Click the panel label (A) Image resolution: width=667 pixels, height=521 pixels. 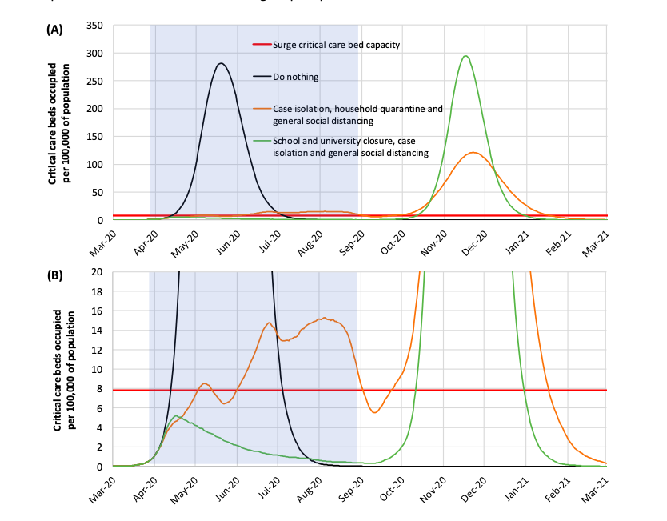point(54,30)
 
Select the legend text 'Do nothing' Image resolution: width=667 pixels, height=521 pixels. point(295,78)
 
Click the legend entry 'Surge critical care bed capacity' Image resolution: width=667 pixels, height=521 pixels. point(336,45)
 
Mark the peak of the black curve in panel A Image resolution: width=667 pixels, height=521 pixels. point(221,63)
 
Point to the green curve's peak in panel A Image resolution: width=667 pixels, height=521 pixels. point(465,56)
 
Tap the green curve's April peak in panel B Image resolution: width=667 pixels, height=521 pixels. point(177,415)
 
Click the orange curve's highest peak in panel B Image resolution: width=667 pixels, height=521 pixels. point(322,318)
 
